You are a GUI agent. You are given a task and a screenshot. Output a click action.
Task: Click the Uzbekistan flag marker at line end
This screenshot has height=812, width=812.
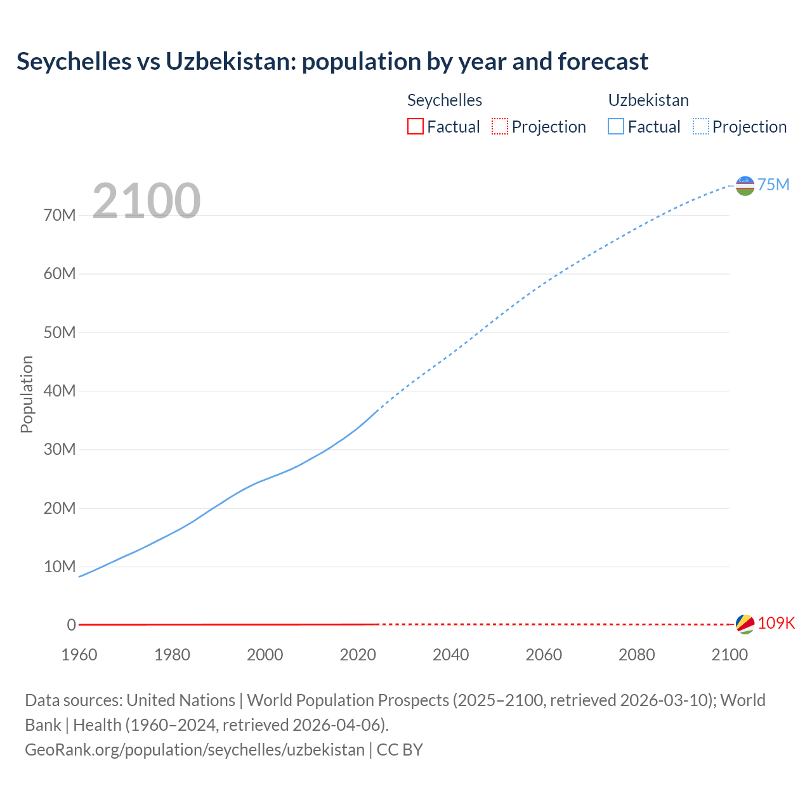point(745,185)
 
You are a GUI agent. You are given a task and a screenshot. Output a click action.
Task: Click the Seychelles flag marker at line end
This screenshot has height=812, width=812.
point(745,624)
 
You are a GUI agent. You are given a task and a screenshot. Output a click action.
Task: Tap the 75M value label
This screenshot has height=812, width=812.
point(773,185)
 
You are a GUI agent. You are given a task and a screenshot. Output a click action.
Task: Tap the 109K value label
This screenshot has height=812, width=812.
point(776,623)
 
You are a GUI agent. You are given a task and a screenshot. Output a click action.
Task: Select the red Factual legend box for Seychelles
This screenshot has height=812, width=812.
point(415,126)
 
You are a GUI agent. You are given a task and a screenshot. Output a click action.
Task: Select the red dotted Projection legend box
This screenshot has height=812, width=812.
point(500,126)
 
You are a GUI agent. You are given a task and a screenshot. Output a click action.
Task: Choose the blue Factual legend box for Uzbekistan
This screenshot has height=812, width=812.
point(615,126)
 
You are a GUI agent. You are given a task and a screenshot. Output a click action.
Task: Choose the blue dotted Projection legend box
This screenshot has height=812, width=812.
point(701,126)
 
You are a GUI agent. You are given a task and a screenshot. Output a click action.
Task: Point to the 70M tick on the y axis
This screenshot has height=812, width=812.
point(60,215)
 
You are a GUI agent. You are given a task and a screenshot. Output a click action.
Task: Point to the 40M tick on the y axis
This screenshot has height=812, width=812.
point(60,391)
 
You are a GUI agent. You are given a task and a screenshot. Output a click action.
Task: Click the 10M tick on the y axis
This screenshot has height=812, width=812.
point(60,566)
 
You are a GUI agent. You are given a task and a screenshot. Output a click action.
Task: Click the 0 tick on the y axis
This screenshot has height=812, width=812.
point(71,625)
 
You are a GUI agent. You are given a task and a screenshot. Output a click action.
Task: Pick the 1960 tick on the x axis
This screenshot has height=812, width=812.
point(79,655)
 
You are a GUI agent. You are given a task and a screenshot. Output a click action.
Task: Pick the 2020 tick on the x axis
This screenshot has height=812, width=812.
point(358,655)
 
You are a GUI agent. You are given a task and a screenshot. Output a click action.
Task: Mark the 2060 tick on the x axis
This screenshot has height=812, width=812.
point(544,655)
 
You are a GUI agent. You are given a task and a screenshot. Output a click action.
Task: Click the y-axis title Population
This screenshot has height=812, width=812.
point(27,394)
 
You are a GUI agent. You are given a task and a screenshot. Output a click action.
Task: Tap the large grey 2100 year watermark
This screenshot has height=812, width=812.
point(147,201)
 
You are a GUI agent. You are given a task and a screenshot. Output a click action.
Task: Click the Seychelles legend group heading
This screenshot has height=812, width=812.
point(444,100)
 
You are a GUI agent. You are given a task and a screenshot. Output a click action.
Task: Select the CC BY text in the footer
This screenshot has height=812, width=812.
point(400,750)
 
